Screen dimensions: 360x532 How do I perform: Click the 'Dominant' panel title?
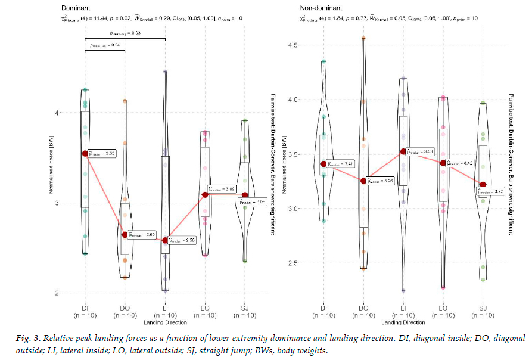tap(77, 8)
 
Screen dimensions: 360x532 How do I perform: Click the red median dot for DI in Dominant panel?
tap(85, 154)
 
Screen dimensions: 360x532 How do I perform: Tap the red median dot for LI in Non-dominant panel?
tap(403, 152)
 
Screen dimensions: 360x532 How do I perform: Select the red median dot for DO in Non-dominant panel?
tap(363, 181)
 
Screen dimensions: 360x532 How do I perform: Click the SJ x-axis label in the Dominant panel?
tap(244, 308)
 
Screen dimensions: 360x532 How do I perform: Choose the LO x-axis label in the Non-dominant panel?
tap(443, 308)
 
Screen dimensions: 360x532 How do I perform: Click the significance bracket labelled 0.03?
tap(125, 39)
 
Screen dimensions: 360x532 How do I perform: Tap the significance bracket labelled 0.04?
tap(105, 51)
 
